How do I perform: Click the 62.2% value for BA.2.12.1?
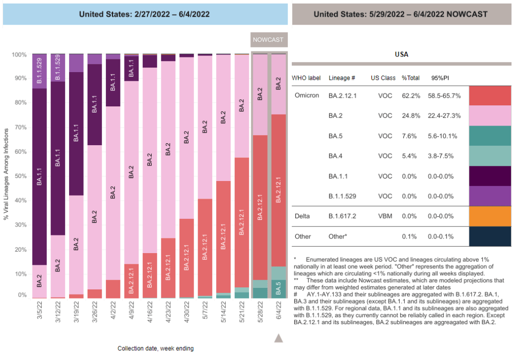411,95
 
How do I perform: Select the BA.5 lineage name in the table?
337,136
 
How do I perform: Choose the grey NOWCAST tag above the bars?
268,39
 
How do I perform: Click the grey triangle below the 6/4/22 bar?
278,338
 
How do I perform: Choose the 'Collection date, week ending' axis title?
155,348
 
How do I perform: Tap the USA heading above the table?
401,54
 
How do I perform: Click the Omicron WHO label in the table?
307,95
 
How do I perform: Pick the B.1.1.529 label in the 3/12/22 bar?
57,68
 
